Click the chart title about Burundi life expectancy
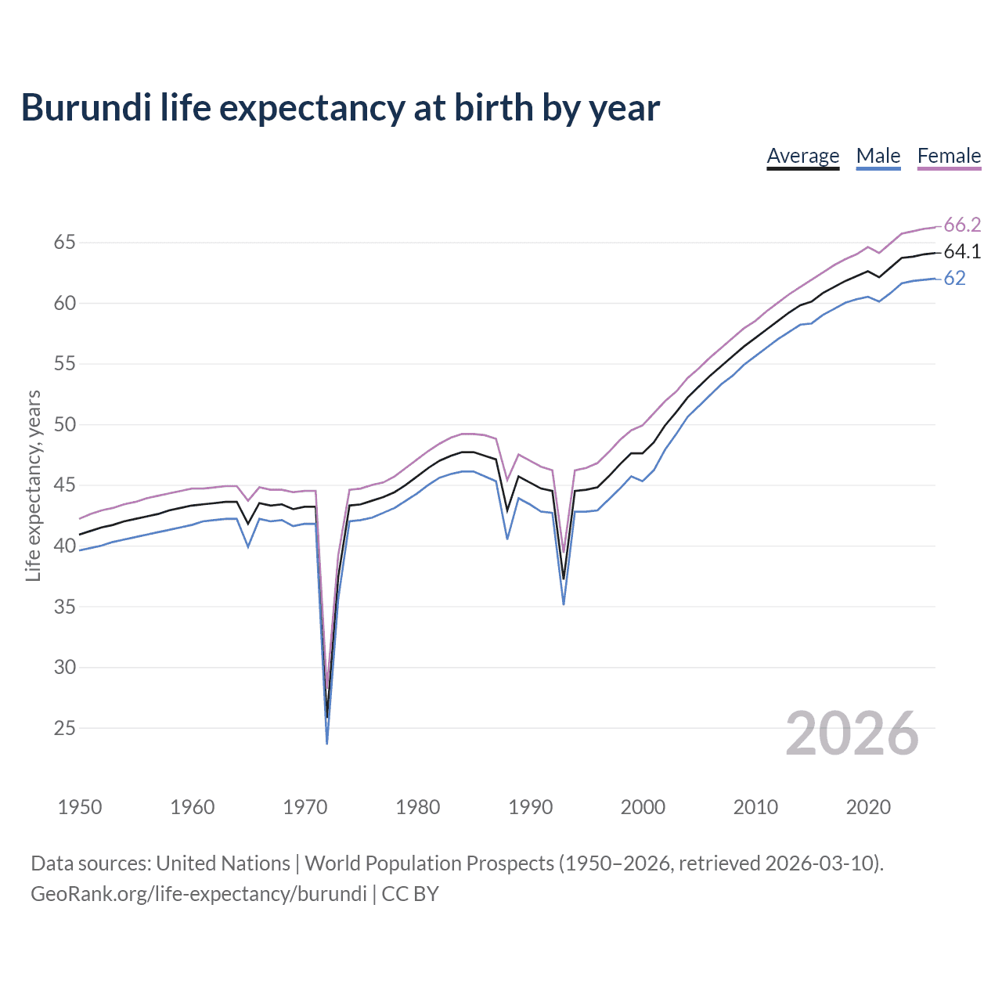341,108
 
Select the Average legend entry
802,156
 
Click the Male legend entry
878,156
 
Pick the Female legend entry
949,156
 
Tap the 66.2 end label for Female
962,225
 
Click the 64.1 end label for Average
962,251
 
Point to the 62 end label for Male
954,278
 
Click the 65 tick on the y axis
64,243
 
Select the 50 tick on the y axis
64,425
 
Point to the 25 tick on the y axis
64,728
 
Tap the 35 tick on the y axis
64,607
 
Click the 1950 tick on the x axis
80,807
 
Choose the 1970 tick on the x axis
305,807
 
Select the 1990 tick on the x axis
530,807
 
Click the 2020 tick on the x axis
868,807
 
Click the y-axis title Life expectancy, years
33,485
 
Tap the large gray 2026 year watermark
852,733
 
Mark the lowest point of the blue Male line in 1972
326,743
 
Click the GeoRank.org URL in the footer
199,894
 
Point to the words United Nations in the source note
223,863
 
